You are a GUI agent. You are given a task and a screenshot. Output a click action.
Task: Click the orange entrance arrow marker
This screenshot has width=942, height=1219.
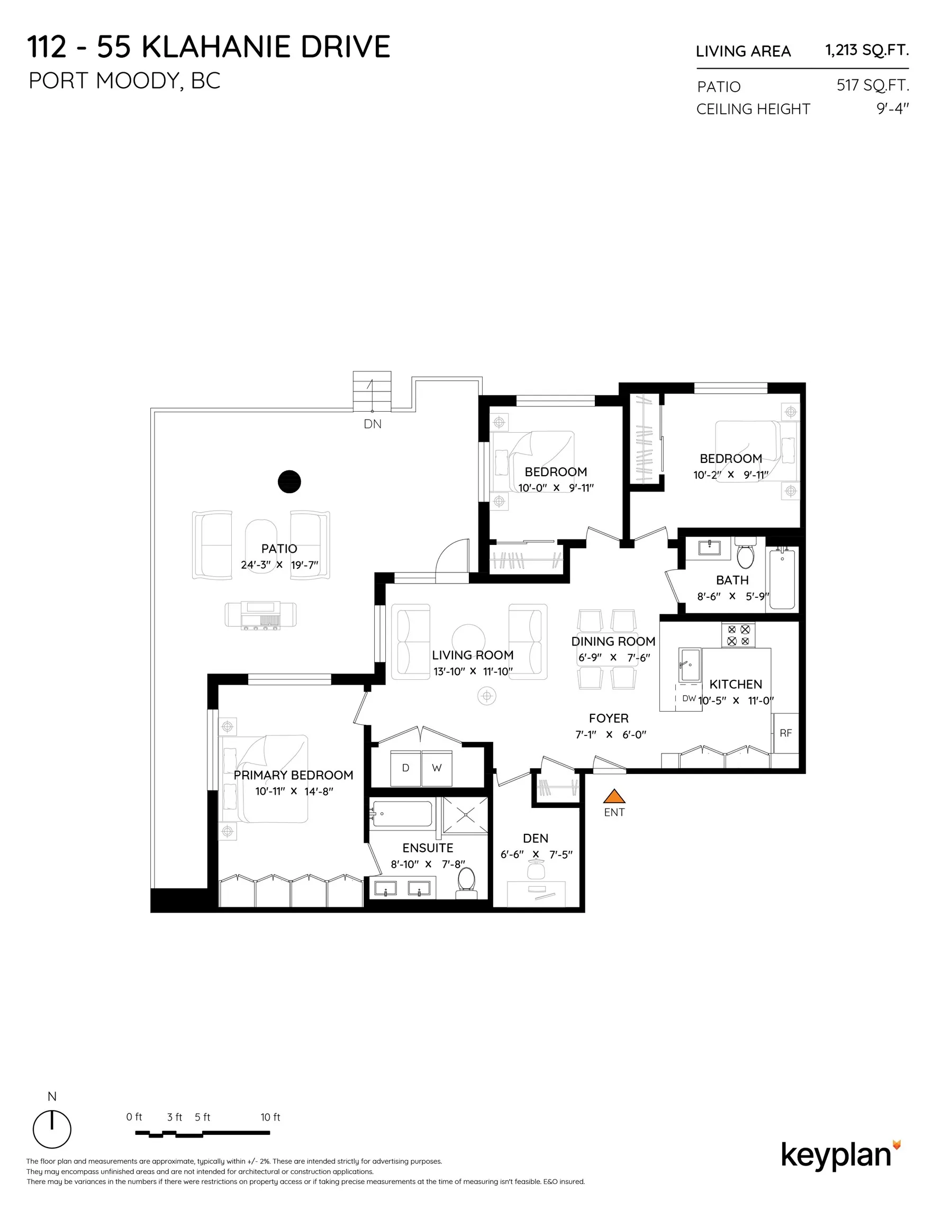[x=614, y=796]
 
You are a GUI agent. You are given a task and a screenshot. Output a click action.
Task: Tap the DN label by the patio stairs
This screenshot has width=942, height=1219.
[x=373, y=424]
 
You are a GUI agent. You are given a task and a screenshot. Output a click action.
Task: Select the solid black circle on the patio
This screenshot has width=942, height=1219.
[x=289, y=481]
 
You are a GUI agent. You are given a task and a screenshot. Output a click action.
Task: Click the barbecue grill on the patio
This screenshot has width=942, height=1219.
[x=261, y=615]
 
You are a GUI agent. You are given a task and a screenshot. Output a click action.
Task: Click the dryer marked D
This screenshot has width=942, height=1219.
[x=405, y=768]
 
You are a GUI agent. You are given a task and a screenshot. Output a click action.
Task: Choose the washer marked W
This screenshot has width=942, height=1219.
[x=437, y=768]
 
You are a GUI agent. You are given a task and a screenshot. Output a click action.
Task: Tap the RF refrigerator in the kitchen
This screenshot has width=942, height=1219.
[x=785, y=733]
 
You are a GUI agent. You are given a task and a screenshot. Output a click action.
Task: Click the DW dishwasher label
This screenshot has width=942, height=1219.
[x=689, y=698]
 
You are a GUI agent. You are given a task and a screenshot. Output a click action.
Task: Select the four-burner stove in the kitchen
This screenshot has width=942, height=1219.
[x=738, y=635]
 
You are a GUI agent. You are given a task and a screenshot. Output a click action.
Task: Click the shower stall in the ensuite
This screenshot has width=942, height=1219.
[x=465, y=815]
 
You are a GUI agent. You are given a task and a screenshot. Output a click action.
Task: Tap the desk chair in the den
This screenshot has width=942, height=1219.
[x=536, y=869]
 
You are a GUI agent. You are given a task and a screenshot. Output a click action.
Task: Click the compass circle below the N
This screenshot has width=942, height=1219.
[x=52, y=1130]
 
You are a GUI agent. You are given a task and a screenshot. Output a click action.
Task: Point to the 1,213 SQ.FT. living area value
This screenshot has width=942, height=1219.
[x=867, y=50]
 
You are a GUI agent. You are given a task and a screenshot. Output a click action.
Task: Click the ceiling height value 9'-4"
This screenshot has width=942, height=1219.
[x=892, y=109]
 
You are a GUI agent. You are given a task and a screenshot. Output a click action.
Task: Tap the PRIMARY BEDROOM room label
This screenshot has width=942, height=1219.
[x=293, y=775]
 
